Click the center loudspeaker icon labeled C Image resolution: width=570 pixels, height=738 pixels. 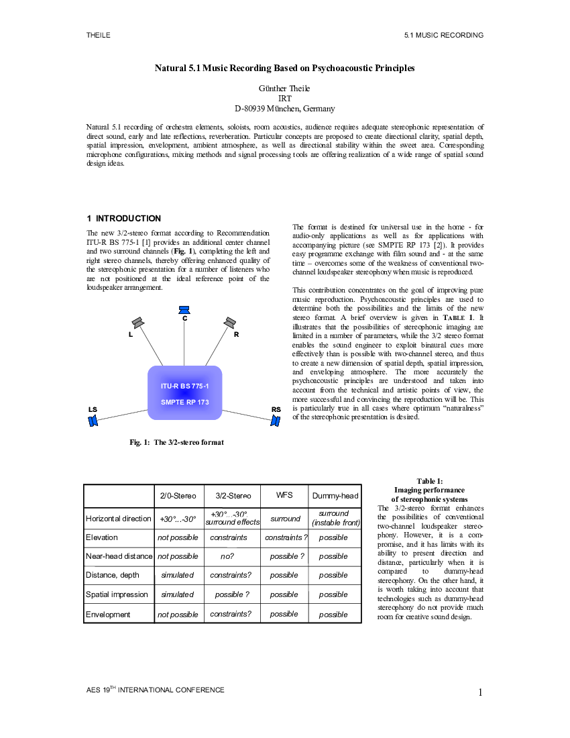(184, 310)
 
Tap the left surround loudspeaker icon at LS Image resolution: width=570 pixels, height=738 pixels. (93, 420)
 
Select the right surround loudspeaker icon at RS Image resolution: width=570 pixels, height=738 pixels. (275, 420)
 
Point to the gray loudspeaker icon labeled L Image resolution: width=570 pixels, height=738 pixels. (137, 323)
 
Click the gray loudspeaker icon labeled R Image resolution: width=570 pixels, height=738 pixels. (229, 323)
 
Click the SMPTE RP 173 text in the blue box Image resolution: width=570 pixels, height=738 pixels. (185, 402)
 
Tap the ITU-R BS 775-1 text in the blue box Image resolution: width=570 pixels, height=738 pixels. (185, 386)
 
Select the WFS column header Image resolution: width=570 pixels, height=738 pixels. (284, 495)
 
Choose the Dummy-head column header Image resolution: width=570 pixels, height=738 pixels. (335, 496)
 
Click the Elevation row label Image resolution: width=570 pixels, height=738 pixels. (101, 537)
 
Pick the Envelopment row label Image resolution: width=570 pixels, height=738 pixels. (108, 614)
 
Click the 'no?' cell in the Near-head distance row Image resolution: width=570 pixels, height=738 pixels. (227, 556)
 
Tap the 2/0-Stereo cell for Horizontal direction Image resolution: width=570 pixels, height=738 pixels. (178, 519)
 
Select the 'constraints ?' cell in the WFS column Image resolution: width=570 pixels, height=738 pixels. (286, 537)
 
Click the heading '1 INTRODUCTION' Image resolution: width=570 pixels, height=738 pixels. (123, 219)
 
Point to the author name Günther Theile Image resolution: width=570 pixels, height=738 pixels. (284, 89)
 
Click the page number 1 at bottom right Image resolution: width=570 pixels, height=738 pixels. (480, 692)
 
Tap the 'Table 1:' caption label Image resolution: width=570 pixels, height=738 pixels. (429, 481)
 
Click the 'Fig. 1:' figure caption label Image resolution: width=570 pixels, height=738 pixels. (139, 442)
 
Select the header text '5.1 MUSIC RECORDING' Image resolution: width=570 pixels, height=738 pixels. (443, 36)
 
